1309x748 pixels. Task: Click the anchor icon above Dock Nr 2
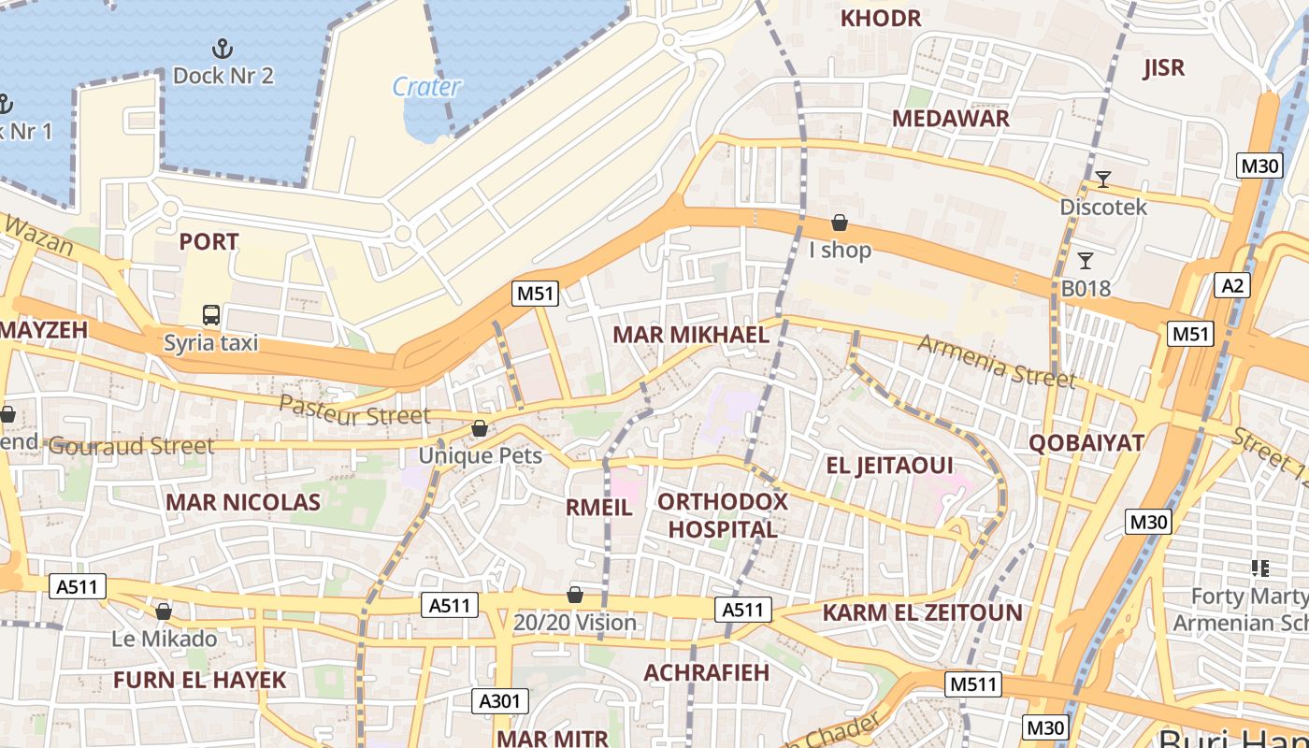click(223, 48)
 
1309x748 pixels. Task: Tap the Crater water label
click(426, 87)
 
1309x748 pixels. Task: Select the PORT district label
click(209, 241)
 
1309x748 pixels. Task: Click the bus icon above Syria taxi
click(211, 315)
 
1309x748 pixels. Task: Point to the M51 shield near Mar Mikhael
click(536, 294)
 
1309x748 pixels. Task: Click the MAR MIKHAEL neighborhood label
click(690, 335)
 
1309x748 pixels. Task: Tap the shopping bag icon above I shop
click(840, 223)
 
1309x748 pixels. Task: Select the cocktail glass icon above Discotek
click(1103, 179)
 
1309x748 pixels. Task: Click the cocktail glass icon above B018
click(1086, 260)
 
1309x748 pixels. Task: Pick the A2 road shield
click(1231, 285)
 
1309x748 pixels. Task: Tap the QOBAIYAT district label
click(1086, 442)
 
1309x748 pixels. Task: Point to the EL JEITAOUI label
click(889, 465)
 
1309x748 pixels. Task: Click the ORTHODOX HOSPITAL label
click(722, 515)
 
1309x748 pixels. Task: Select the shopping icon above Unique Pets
click(480, 428)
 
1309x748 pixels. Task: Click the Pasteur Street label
click(354, 410)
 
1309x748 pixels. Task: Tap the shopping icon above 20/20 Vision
click(575, 595)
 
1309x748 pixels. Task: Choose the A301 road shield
click(502, 700)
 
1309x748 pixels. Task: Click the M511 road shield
click(972, 683)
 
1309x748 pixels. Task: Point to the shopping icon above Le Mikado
click(164, 611)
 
